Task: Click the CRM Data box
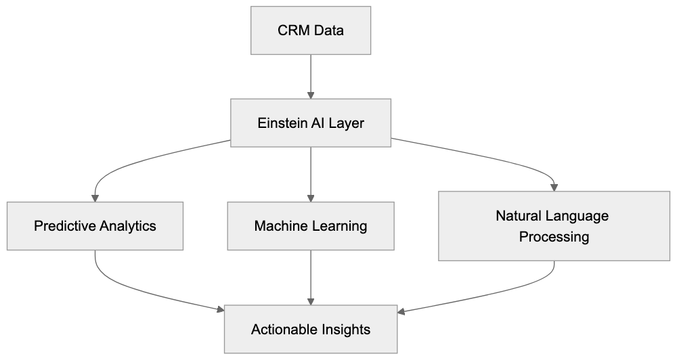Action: [311, 31]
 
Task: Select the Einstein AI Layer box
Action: [311, 123]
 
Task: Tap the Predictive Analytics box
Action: [95, 226]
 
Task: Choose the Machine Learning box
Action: [311, 226]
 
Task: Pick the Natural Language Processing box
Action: [554, 226]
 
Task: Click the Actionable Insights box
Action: [311, 330]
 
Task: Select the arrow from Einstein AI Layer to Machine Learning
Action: [311, 173]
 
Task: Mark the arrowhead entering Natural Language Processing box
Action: [554, 187]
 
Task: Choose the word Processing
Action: [554, 237]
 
